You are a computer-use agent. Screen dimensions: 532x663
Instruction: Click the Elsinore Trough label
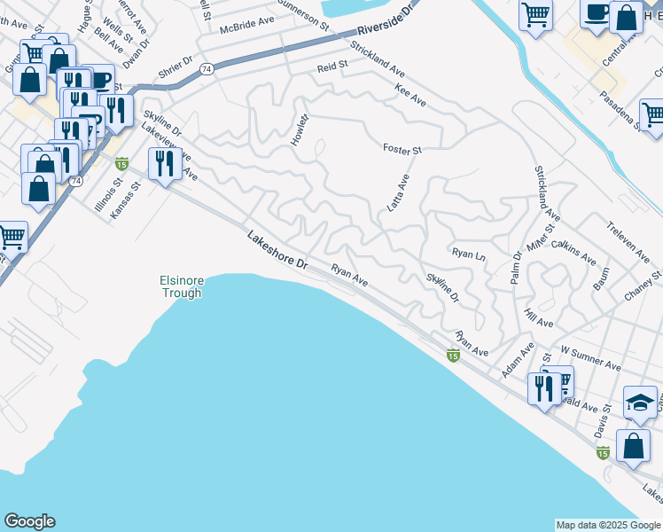pyautogui.click(x=182, y=286)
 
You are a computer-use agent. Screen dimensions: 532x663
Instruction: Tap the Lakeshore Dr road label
pyautogui.click(x=277, y=251)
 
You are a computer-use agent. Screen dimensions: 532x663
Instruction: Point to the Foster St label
pyautogui.click(x=402, y=149)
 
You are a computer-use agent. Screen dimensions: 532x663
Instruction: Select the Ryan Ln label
pyautogui.click(x=469, y=254)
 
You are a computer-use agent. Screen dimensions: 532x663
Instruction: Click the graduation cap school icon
pyautogui.click(x=640, y=402)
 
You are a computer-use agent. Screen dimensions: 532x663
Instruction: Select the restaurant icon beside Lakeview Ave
pyautogui.click(x=165, y=164)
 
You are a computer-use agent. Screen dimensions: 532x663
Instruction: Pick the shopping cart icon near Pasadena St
pyautogui.click(x=652, y=113)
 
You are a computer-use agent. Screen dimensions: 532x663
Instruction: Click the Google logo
pyautogui.click(x=29, y=521)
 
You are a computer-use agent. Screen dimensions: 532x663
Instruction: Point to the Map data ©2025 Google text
pyautogui.click(x=608, y=525)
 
